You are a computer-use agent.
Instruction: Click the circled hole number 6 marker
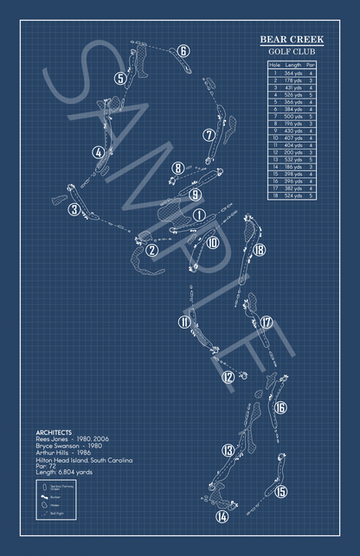pyautogui.click(x=183, y=51)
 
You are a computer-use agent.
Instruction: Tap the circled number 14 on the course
pyautogui.click(x=222, y=517)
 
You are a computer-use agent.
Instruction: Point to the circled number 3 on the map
pyautogui.click(x=76, y=209)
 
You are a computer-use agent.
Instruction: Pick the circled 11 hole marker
pyautogui.click(x=183, y=323)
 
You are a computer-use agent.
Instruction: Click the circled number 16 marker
pyautogui.click(x=280, y=407)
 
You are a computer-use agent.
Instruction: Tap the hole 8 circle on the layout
pyautogui.click(x=177, y=169)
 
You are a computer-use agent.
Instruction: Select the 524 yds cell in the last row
pyautogui.click(x=293, y=195)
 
